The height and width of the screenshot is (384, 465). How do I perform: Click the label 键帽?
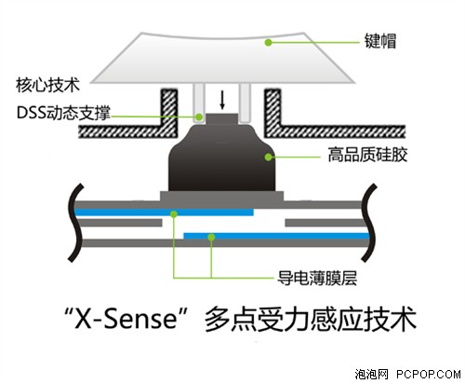tap(380, 42)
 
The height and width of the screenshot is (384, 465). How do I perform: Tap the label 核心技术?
tap(47, 85)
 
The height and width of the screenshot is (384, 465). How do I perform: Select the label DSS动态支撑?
tap(63, 113)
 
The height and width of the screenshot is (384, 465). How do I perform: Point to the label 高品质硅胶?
tap(367, 155)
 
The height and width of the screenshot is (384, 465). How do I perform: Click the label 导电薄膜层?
tap(317, 278)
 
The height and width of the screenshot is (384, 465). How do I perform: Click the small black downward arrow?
tap(222, 100)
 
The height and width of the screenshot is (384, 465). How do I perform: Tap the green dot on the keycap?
tap(269, 42)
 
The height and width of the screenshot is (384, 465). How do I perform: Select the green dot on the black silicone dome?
tap(269, 157)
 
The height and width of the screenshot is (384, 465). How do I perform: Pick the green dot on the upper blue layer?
tap(174, 213)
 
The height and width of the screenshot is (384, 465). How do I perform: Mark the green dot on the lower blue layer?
tap(211, 238)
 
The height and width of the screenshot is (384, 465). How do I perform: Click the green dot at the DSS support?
tap(199, 117)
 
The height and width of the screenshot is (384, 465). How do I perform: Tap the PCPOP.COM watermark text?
tap(429, 374)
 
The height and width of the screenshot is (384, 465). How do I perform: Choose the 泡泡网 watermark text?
tap(371, 374)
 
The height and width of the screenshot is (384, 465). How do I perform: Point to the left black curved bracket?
tap(75, 222)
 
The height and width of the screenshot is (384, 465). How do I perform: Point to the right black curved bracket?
tap(369, 222)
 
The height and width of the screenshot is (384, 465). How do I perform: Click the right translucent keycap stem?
tap(245, 103)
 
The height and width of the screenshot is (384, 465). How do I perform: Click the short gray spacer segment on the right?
tap(325, 223)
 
